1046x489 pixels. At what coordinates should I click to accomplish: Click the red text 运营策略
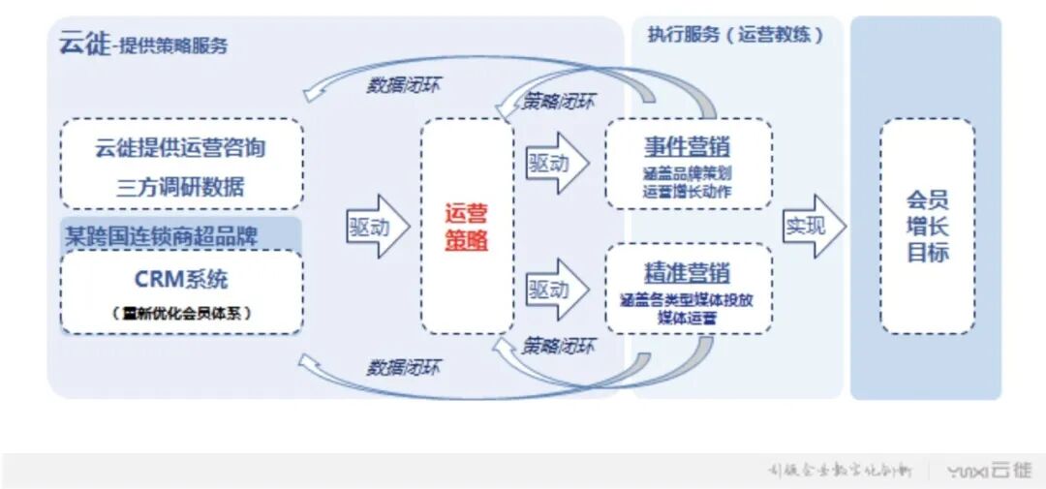point(467,227)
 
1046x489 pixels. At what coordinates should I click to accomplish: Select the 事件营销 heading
point(688,147)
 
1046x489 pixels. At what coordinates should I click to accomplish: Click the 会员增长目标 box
point(927,227)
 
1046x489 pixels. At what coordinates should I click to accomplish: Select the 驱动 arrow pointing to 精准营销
point(556,289)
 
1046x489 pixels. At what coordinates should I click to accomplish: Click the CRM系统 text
point(181,279)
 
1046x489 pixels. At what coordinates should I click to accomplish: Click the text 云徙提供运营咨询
point(180,148)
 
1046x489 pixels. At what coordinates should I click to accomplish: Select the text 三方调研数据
point(180,187)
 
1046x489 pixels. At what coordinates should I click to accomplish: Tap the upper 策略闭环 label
point(559,101)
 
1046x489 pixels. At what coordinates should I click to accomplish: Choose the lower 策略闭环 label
point(559,346)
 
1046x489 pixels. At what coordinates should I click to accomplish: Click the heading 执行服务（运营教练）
point(735,35)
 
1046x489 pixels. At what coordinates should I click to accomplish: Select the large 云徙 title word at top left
point(84,44)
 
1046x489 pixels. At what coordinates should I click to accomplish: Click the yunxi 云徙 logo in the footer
point(989,471)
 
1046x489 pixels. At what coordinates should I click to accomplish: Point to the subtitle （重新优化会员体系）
point(181,313)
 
